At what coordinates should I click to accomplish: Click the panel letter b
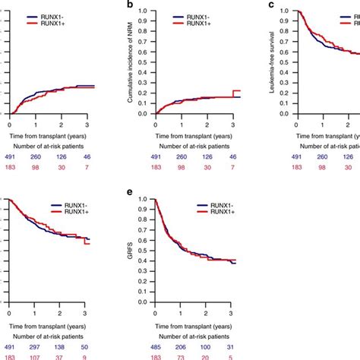click(131, 5)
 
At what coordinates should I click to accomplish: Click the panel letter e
click(131, 194)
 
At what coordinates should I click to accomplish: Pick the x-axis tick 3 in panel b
click(231, 122)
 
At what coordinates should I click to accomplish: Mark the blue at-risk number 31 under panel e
click(231, 346)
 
